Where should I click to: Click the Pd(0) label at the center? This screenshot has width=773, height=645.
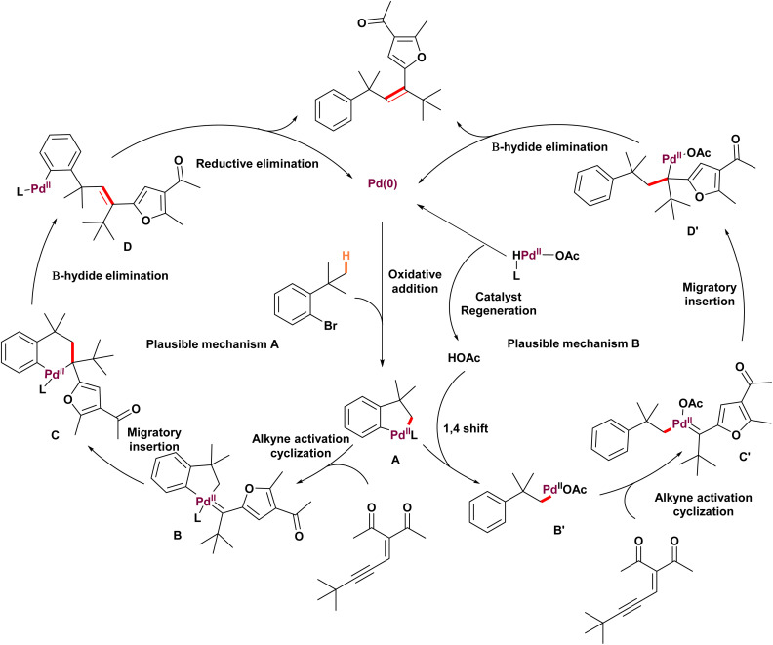[383, 183]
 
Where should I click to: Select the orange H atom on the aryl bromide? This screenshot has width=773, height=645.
[346, 256]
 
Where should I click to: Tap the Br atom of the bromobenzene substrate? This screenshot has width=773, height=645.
[330, 326]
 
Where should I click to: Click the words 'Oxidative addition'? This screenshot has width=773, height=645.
[415, 281]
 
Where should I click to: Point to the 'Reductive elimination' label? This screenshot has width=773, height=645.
[258, 163]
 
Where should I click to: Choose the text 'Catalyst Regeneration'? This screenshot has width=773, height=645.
[499, 303]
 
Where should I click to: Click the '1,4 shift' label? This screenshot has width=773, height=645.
[466, 428]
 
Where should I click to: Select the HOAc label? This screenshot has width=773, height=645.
[464, 358]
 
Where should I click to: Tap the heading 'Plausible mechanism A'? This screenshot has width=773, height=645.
[213, 344]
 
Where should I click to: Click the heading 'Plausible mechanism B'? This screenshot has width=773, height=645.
[573, 343]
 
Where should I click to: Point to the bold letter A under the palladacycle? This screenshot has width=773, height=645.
[395, 460]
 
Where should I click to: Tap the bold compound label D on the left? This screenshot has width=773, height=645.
[128, 247]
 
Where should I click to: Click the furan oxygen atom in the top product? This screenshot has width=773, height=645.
[421, 59]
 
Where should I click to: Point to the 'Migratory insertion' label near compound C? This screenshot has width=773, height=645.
[154, 439]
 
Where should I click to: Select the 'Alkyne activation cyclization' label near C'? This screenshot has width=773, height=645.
[703, 504]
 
